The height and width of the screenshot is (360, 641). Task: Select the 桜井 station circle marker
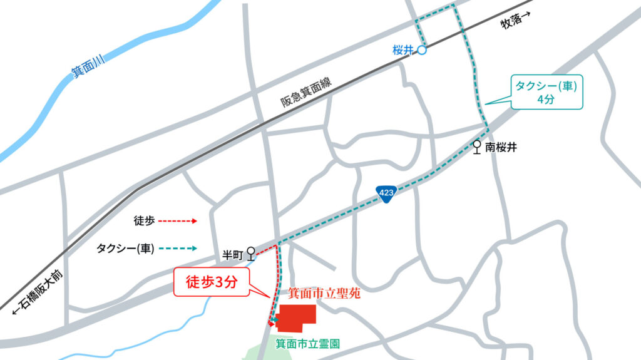[422, 51]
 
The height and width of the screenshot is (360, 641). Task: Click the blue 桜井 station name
[403, 51]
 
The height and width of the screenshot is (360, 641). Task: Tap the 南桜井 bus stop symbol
[477, 147]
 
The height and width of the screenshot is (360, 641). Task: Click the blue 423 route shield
[386, 193]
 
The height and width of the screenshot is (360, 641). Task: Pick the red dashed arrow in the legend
[177, 220]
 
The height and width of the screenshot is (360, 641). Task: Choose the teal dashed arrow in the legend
[177, 248]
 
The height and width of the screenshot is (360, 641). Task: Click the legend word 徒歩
[143, 220]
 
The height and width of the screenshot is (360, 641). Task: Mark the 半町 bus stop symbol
[251, 253]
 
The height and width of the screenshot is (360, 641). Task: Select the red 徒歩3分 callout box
[212, 282]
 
